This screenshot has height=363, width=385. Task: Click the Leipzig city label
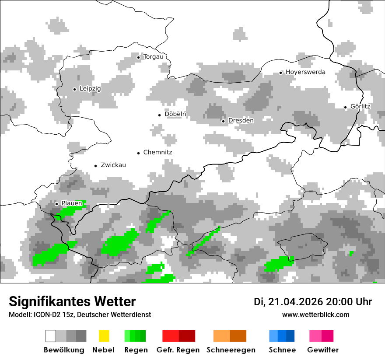(90, 89)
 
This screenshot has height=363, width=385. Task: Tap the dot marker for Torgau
(138, 57)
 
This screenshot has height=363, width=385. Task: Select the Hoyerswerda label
(305, 72)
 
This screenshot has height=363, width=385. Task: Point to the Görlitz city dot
(345, 107)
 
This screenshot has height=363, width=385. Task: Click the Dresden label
(241, 121)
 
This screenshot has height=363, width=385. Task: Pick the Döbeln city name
(175, 115)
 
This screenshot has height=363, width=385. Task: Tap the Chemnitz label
(157, 153)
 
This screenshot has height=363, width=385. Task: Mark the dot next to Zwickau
(95, 166)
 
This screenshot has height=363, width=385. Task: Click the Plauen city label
(72, 203)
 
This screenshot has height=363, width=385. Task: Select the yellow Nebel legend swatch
(104, 336)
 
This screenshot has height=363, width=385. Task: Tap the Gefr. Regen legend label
(178, 350)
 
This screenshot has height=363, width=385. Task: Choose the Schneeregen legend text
(231, 350)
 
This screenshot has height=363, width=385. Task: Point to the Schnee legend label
(282, 350)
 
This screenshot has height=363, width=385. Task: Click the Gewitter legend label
(323, 350)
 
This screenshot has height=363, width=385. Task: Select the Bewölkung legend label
(64, 350)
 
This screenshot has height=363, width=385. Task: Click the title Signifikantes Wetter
(72, 301)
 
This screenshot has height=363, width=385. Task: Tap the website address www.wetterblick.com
(316, 314)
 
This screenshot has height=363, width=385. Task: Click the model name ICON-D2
(42, 314)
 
